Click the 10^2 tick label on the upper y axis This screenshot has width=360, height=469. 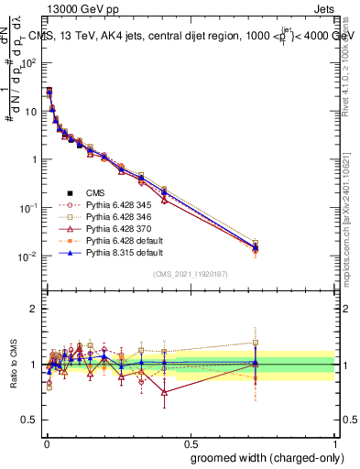pos(27,63)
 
